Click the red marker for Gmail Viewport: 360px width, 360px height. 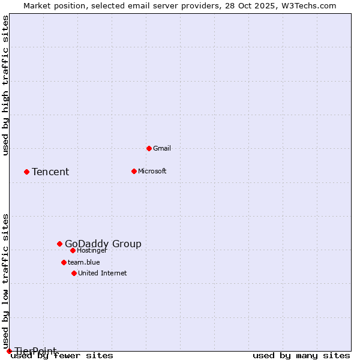tap(149, 148)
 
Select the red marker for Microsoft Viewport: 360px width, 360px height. tap(134, 171)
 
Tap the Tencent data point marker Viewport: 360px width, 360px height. tap(26, 172)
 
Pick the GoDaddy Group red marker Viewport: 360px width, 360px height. tap(59, 244)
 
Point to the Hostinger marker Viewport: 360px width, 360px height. tap(73, 250)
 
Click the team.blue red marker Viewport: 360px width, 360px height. tap(64, 262)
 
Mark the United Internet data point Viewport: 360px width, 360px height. tap(74, 273)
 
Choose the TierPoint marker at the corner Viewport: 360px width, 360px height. tap(9, 351)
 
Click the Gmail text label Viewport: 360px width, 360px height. tap(162, 148)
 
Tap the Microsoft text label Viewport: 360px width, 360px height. tap(152, 171)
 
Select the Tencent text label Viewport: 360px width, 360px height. tap(50, 172)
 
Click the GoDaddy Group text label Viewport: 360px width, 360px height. tap(103, 244)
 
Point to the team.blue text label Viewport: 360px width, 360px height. tap(84, 262)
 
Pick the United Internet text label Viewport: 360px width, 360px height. tap(103, 273)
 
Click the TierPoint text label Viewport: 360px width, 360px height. tap(36, 351)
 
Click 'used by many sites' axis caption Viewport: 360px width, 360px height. tap(301, 356)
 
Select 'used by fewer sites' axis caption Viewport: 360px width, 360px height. tap(62, 356)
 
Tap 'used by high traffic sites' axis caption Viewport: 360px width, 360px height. tap(5, 85)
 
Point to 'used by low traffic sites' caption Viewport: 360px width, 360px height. tap(5, 282)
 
